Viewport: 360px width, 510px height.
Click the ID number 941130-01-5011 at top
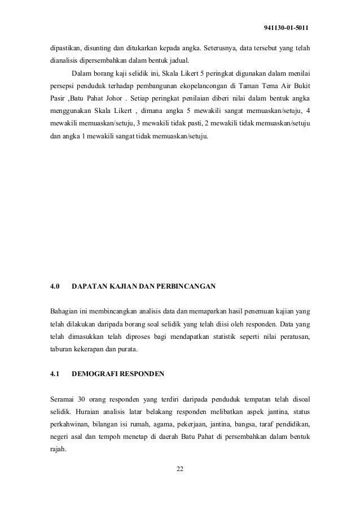point(286,28)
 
